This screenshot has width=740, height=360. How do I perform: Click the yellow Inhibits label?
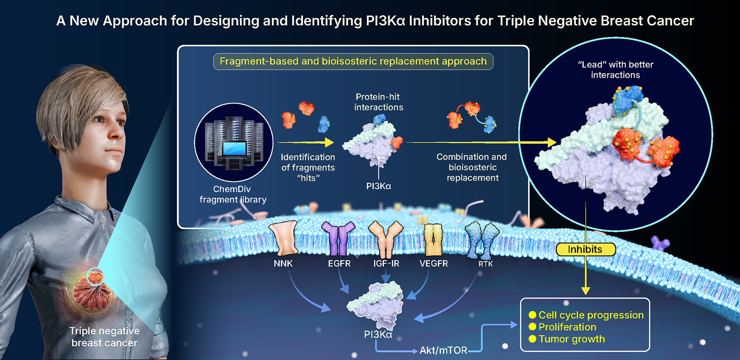[585, 250]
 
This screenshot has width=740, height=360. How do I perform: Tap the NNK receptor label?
[283, 264]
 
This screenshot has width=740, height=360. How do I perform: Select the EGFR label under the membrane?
[339, 264]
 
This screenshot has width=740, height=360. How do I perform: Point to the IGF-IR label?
[386, 264]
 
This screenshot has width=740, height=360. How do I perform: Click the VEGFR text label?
[434, 264]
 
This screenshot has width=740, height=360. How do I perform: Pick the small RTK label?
[486, 264]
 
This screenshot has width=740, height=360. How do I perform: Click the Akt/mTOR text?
[443, 350]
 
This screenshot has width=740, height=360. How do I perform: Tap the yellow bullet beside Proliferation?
[533, 327]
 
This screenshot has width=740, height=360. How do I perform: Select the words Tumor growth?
[572, 339]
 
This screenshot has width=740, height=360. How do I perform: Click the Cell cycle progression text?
[591, 315]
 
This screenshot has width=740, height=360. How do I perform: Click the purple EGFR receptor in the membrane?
[338, 238]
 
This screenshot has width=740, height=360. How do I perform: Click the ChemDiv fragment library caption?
[233, 194]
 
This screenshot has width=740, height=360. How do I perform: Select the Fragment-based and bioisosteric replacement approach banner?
[353, 62]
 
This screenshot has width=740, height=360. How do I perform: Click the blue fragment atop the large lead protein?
[627, 99]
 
